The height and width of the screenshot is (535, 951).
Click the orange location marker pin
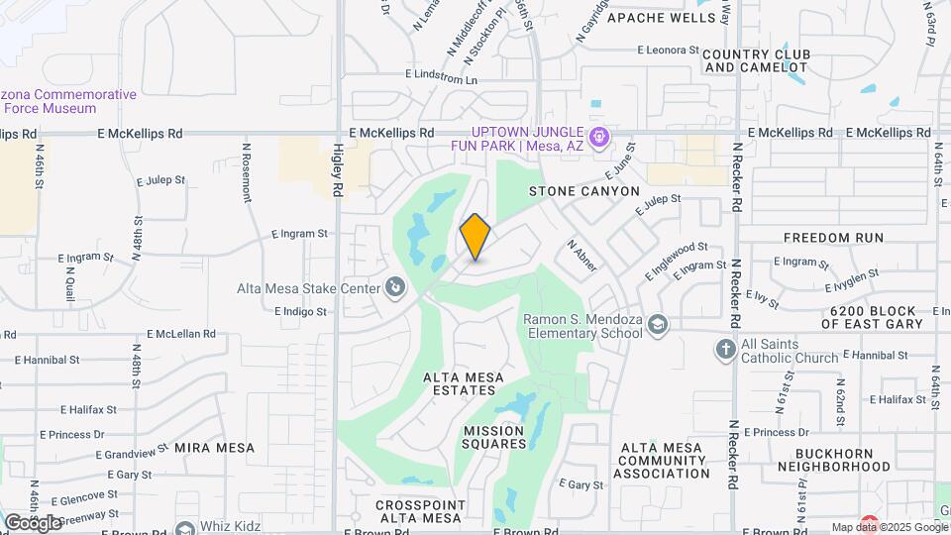click(475, 237)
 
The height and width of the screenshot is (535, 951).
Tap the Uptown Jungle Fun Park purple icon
click(597, 137)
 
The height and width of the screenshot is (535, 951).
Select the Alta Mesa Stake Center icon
click(394, 288)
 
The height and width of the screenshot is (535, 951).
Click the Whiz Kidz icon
click(183, 530)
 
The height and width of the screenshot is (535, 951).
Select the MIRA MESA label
click(215, 448)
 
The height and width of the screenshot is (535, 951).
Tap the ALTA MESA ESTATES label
click(464, 383)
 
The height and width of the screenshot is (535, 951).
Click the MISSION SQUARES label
click(494, 437)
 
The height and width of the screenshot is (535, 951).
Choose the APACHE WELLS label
click(661, 18)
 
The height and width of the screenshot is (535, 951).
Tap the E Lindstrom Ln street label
click(441, 76)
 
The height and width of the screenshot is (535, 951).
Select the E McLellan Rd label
click(181, 334)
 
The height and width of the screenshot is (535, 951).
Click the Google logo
click(33, 521)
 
